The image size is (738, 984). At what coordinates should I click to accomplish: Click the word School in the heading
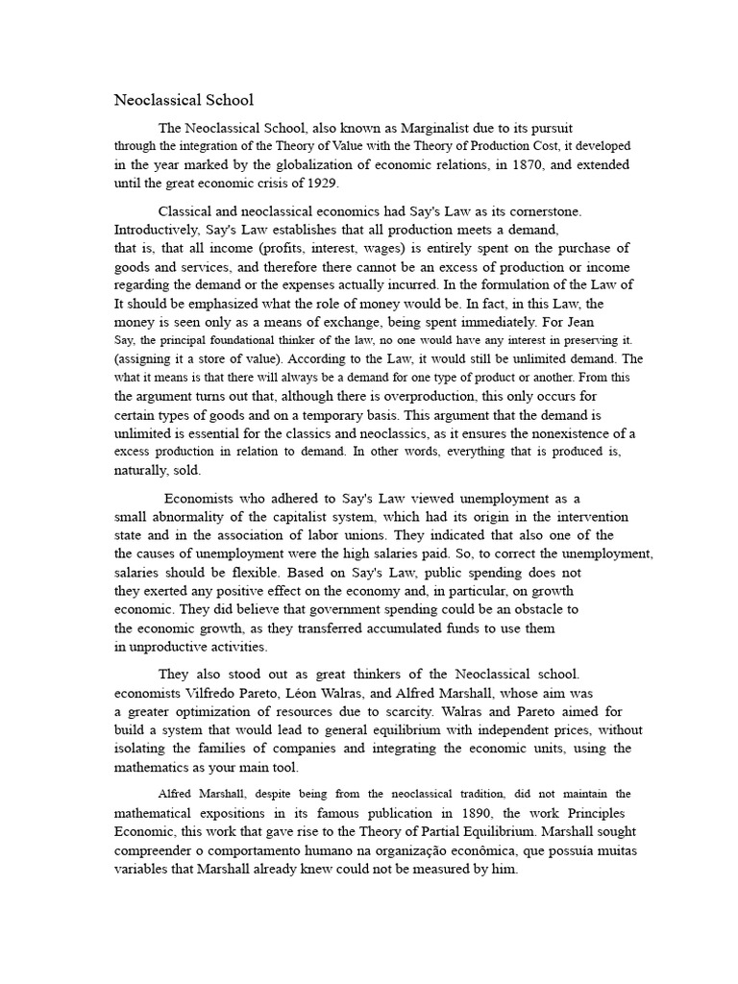click(x=224, y=99)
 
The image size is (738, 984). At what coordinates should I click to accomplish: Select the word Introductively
click(x=157, y=230)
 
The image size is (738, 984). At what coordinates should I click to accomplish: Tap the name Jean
click(x=590, y=321)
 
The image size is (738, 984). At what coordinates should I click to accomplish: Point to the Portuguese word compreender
click(x=158, y=849)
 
